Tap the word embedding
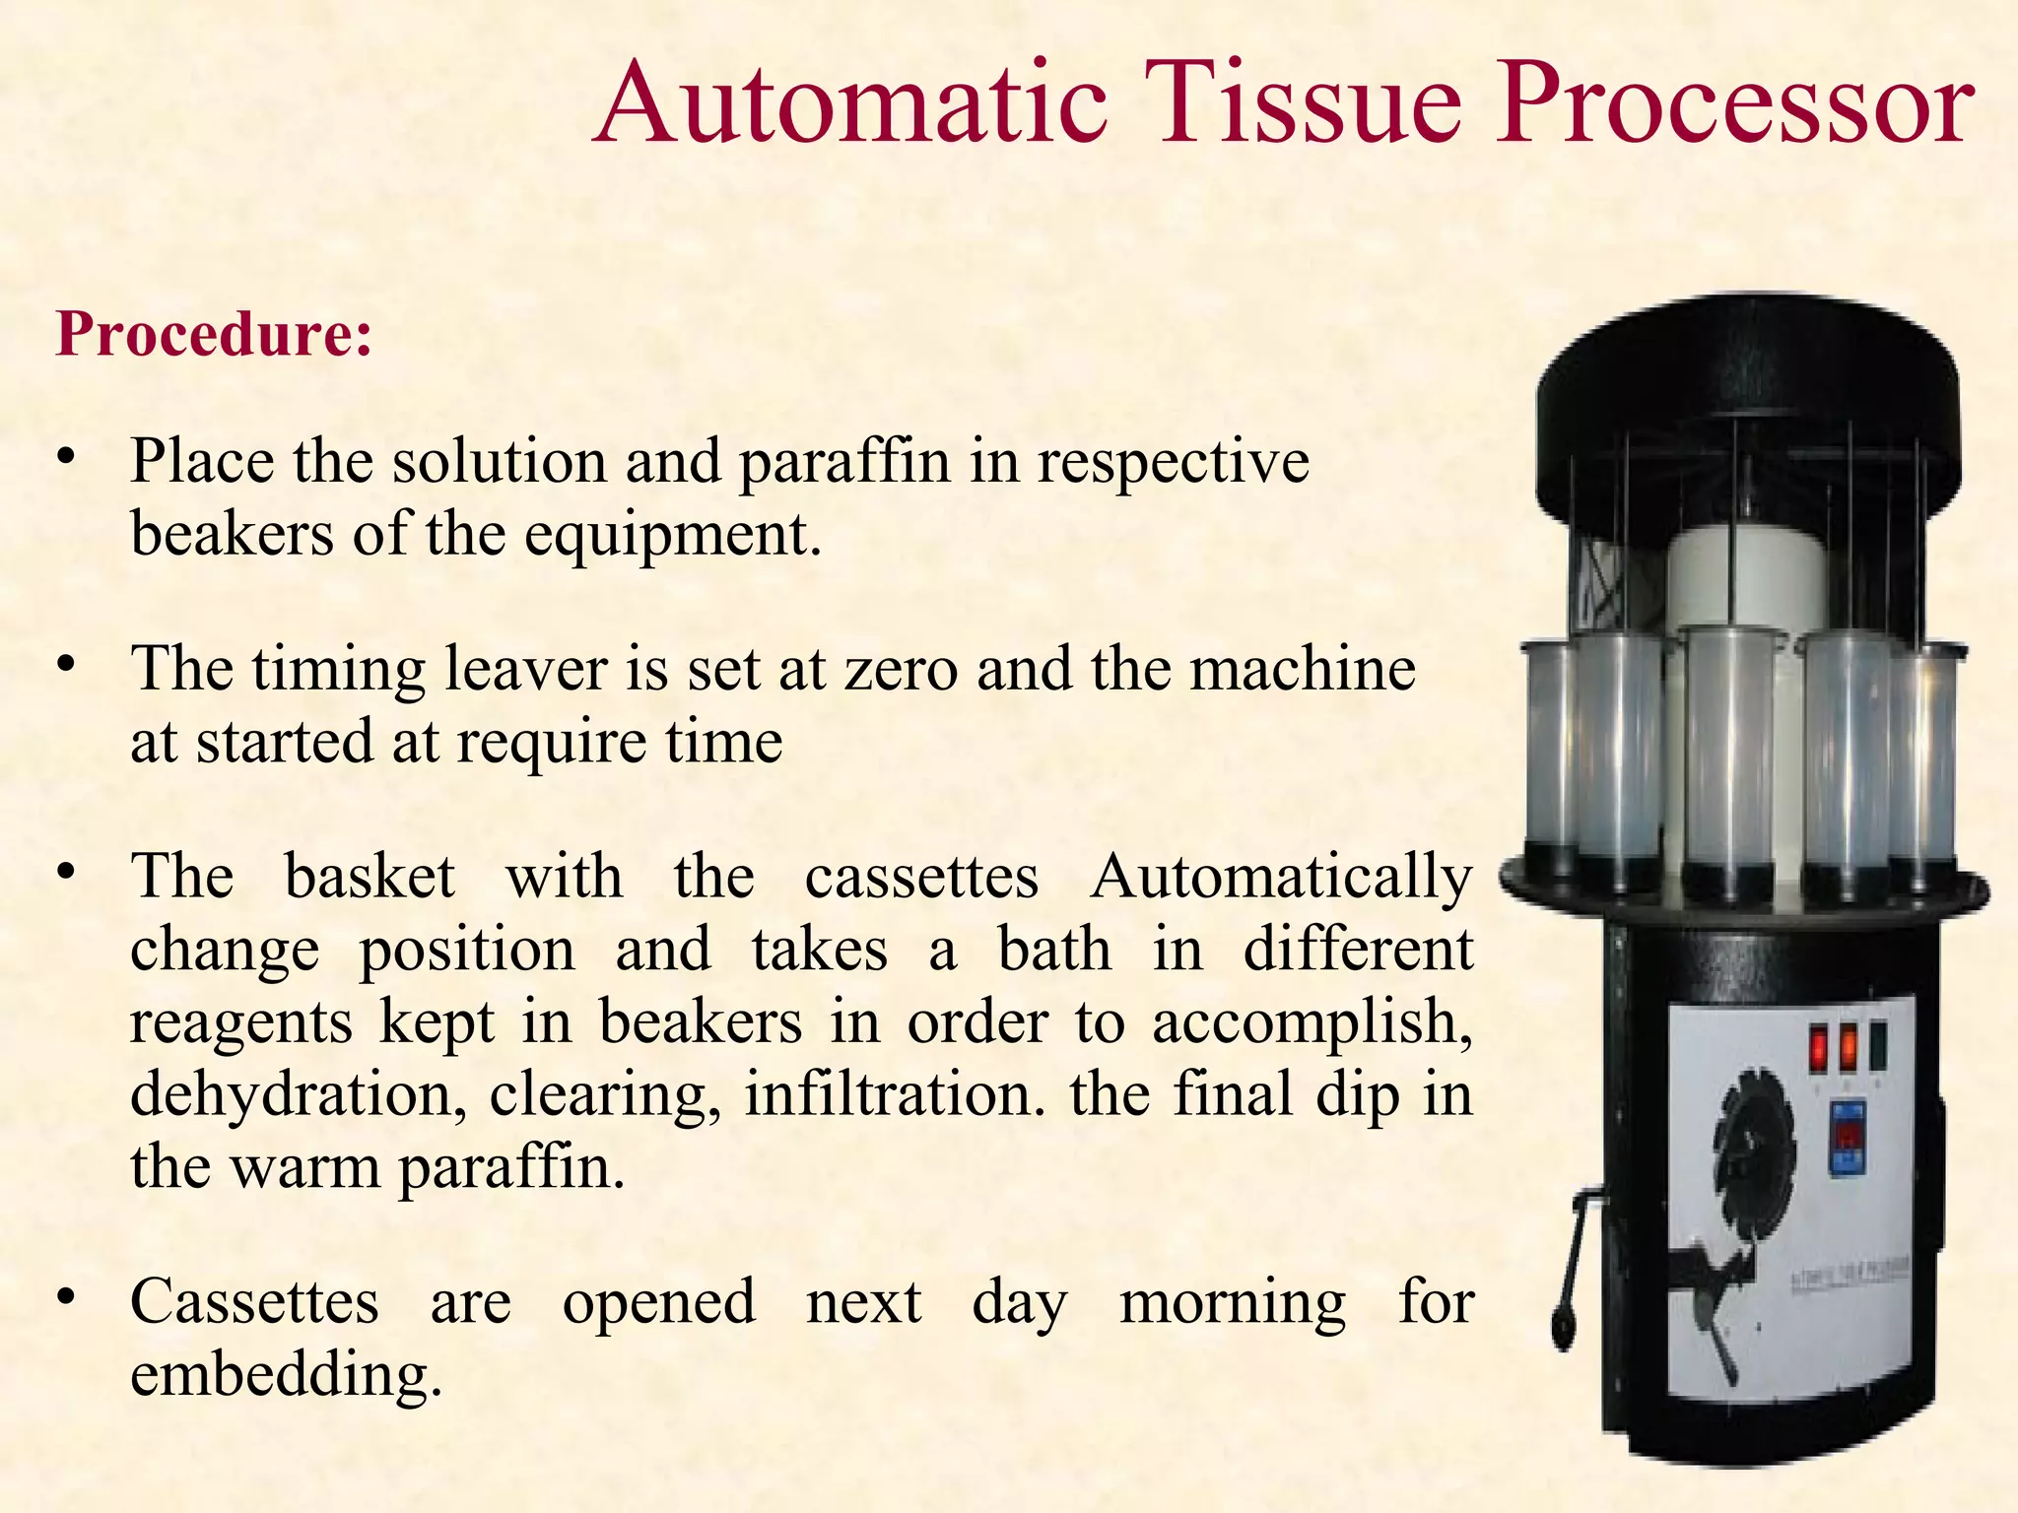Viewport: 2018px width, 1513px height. point(286,1376)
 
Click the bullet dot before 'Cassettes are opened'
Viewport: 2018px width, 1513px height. point(66,1299)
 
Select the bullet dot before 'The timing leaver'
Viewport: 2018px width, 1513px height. point(66,666)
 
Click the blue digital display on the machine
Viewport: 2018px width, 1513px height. point(1847,1138)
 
